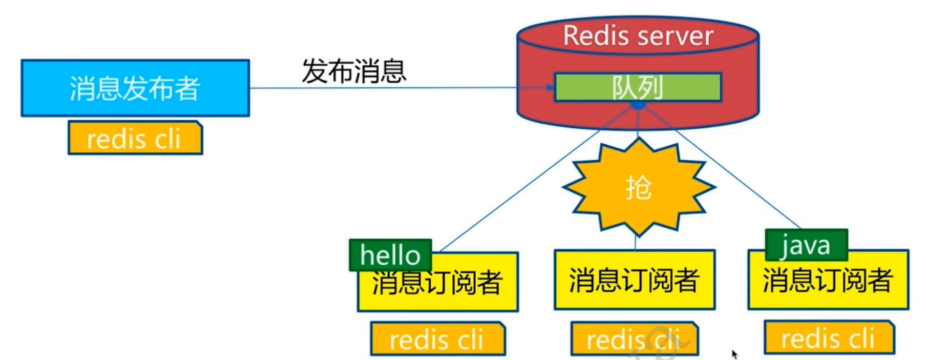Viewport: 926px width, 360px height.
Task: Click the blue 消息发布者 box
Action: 135,88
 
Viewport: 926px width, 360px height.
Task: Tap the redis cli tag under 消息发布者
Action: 135,138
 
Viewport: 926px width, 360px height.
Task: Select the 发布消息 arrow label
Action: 354,71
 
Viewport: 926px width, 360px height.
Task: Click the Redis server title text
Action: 638,36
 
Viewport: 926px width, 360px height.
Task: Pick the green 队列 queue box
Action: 637,87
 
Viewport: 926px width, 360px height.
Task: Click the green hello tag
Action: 390,255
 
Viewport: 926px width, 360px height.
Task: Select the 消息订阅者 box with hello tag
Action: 438,282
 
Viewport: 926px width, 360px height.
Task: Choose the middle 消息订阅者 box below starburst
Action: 634,279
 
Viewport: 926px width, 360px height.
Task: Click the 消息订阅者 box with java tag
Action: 828,279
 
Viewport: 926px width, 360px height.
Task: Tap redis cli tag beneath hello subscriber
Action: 438,339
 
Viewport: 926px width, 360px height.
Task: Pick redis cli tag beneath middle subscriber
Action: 634,339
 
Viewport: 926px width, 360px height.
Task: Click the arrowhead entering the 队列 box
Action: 549,89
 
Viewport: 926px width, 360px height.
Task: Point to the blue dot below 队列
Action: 638,105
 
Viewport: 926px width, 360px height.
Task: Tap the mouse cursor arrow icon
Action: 734,354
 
